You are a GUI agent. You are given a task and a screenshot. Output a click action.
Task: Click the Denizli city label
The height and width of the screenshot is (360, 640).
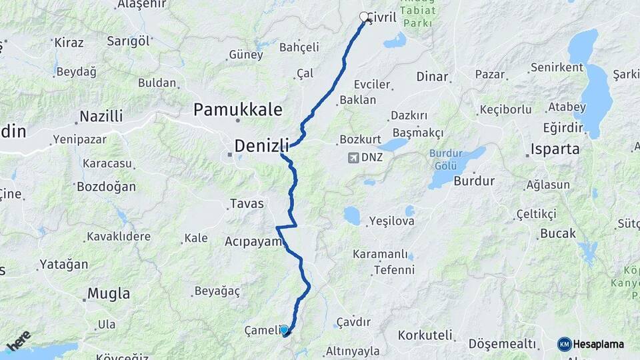pos(261,145)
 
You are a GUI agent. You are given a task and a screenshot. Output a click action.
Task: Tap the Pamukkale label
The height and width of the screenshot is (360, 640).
pos(238,110)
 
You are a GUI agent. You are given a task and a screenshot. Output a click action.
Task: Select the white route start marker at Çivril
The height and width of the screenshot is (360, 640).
pos(364,17)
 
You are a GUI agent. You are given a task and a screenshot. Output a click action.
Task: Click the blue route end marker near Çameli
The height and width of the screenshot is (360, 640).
pos(284,329)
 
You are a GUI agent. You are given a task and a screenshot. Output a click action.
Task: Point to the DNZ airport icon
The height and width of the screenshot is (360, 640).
pos(353,158)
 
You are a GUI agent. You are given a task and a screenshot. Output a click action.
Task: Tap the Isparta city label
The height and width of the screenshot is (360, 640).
pos(555,149)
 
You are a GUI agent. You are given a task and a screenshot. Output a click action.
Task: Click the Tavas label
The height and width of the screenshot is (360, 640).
pos(247,203)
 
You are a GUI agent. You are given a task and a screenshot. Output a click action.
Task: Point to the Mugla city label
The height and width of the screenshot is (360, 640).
pos(109,293)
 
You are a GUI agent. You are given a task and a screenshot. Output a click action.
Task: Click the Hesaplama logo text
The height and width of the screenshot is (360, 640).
pos(598,344)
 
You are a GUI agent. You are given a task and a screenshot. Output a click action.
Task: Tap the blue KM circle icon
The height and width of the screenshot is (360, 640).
pos(564,344)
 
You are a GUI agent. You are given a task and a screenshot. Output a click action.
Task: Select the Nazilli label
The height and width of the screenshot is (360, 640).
pos(101,117)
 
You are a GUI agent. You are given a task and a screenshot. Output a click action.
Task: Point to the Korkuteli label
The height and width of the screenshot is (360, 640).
pos(425,335)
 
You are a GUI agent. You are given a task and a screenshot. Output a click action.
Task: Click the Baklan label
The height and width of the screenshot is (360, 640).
pos(358,100)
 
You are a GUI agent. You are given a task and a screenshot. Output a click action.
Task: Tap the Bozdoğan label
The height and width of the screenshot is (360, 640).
pos(106,187)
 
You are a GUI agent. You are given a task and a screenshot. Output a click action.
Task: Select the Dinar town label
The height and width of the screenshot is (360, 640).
pos(432,76)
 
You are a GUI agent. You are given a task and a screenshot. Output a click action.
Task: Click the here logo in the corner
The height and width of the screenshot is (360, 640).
pos(19,340)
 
